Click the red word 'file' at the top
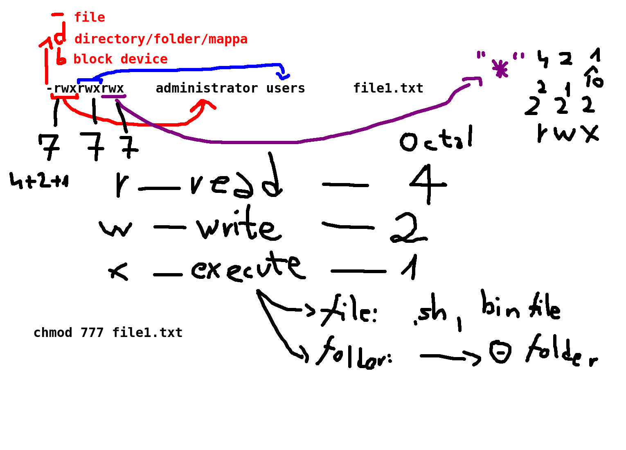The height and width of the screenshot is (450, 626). coord(89,18)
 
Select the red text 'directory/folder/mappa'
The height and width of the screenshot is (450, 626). coord(161,39)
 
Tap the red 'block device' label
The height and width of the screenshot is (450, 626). coord(120,59)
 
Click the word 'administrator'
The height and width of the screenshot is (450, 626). coord(207,88)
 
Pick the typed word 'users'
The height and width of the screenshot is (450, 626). coord(286,88)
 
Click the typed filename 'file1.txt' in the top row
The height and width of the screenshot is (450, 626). coord(388,88)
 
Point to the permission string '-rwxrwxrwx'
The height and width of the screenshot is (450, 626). coord(85,88)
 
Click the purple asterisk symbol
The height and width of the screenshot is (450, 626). coord(500,69)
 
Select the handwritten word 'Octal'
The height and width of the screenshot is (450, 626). coord(436,139)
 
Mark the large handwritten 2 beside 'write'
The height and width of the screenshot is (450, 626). coord(408,228)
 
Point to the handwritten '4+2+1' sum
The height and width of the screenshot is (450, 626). coord(39,180)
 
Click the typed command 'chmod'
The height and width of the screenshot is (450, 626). coord(53,332)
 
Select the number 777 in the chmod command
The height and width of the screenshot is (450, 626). coord(92,332)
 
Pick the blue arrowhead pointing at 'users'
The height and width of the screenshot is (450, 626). coord(283,75)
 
